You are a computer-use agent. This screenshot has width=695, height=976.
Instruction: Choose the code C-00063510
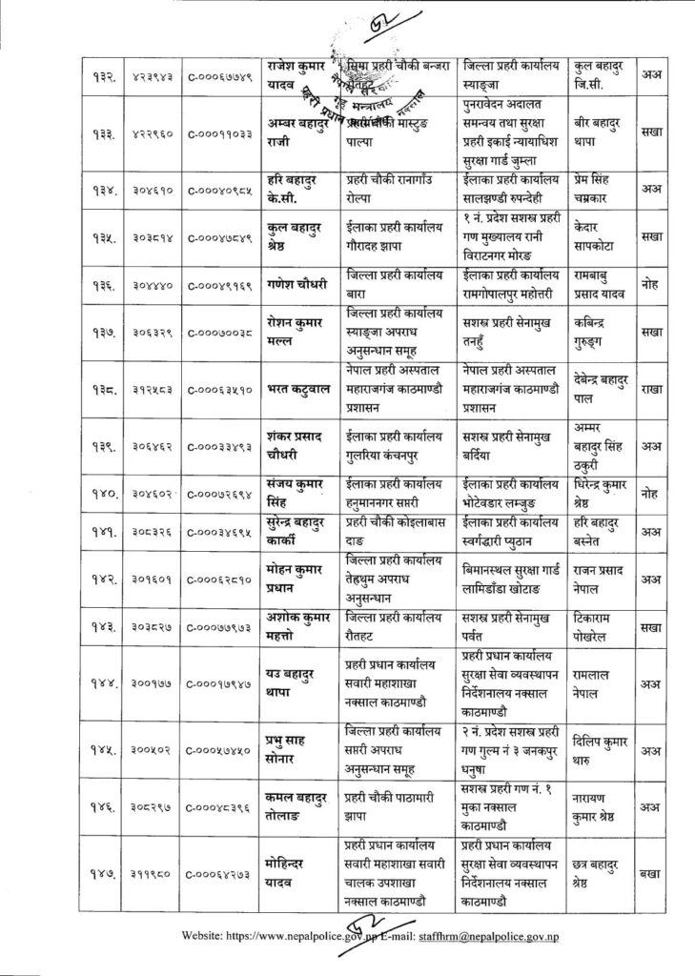[218, 389]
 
